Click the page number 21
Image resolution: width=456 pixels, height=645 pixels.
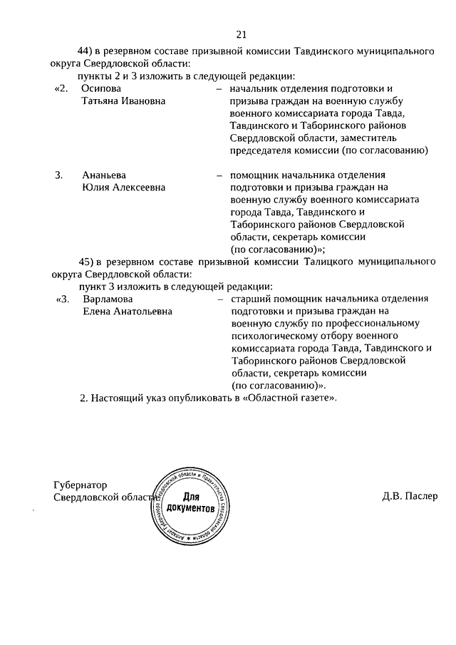[239, 34]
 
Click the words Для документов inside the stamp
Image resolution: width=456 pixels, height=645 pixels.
[190, 502]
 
